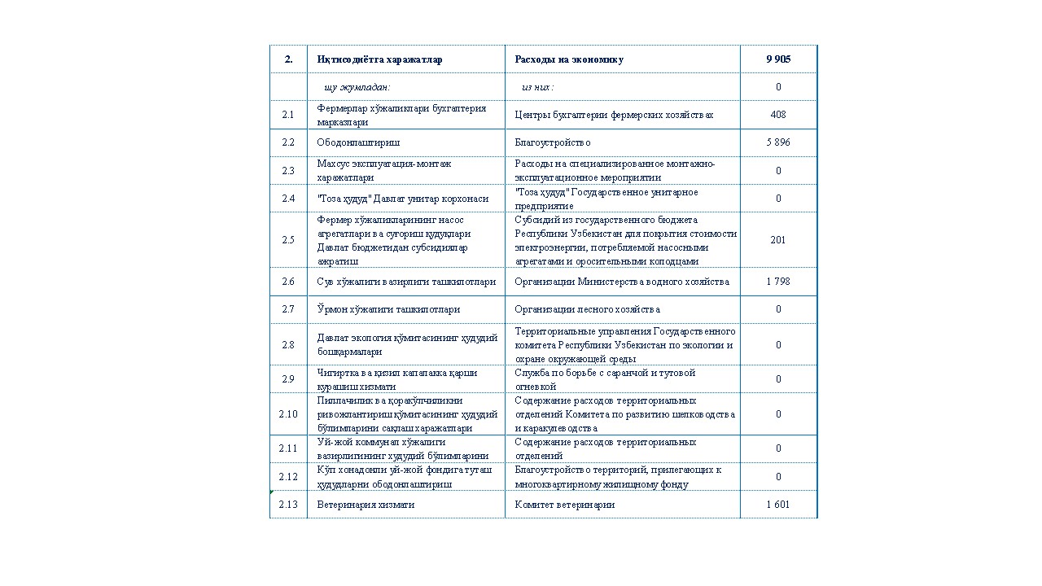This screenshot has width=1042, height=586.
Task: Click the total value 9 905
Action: tap(777, 59)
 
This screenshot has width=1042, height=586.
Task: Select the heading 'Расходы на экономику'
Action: tap(569, 59)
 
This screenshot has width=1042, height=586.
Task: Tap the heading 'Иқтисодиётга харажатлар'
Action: tap(379, 59)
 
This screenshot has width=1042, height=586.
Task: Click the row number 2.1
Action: tap(288, 115)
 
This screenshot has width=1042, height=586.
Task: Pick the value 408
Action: tap(777, 115)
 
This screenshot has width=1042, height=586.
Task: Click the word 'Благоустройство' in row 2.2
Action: tap(553, 142)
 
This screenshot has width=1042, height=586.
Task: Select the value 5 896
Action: tap(777, 142)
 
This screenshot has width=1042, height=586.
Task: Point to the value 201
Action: tap(777, 240)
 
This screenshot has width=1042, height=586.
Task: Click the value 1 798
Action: tap(777, 282)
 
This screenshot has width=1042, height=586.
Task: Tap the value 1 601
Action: tap(777, 505)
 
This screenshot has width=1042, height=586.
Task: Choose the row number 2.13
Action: tap(288, 505)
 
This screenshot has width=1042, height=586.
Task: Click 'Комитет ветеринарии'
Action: tap(565, 505)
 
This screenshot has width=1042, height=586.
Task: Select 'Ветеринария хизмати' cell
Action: tap(366, 505)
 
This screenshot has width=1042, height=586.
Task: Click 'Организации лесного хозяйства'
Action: tap(588, 309)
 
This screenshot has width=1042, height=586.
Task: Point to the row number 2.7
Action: tap(288, 309)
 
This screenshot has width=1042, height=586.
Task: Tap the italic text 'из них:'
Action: tap(538, 87)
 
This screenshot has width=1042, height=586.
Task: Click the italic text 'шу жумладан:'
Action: tap(357, 87)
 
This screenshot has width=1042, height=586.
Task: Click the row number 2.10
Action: tap(288, 414)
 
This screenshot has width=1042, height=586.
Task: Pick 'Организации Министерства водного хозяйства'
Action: tap(622, 282)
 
